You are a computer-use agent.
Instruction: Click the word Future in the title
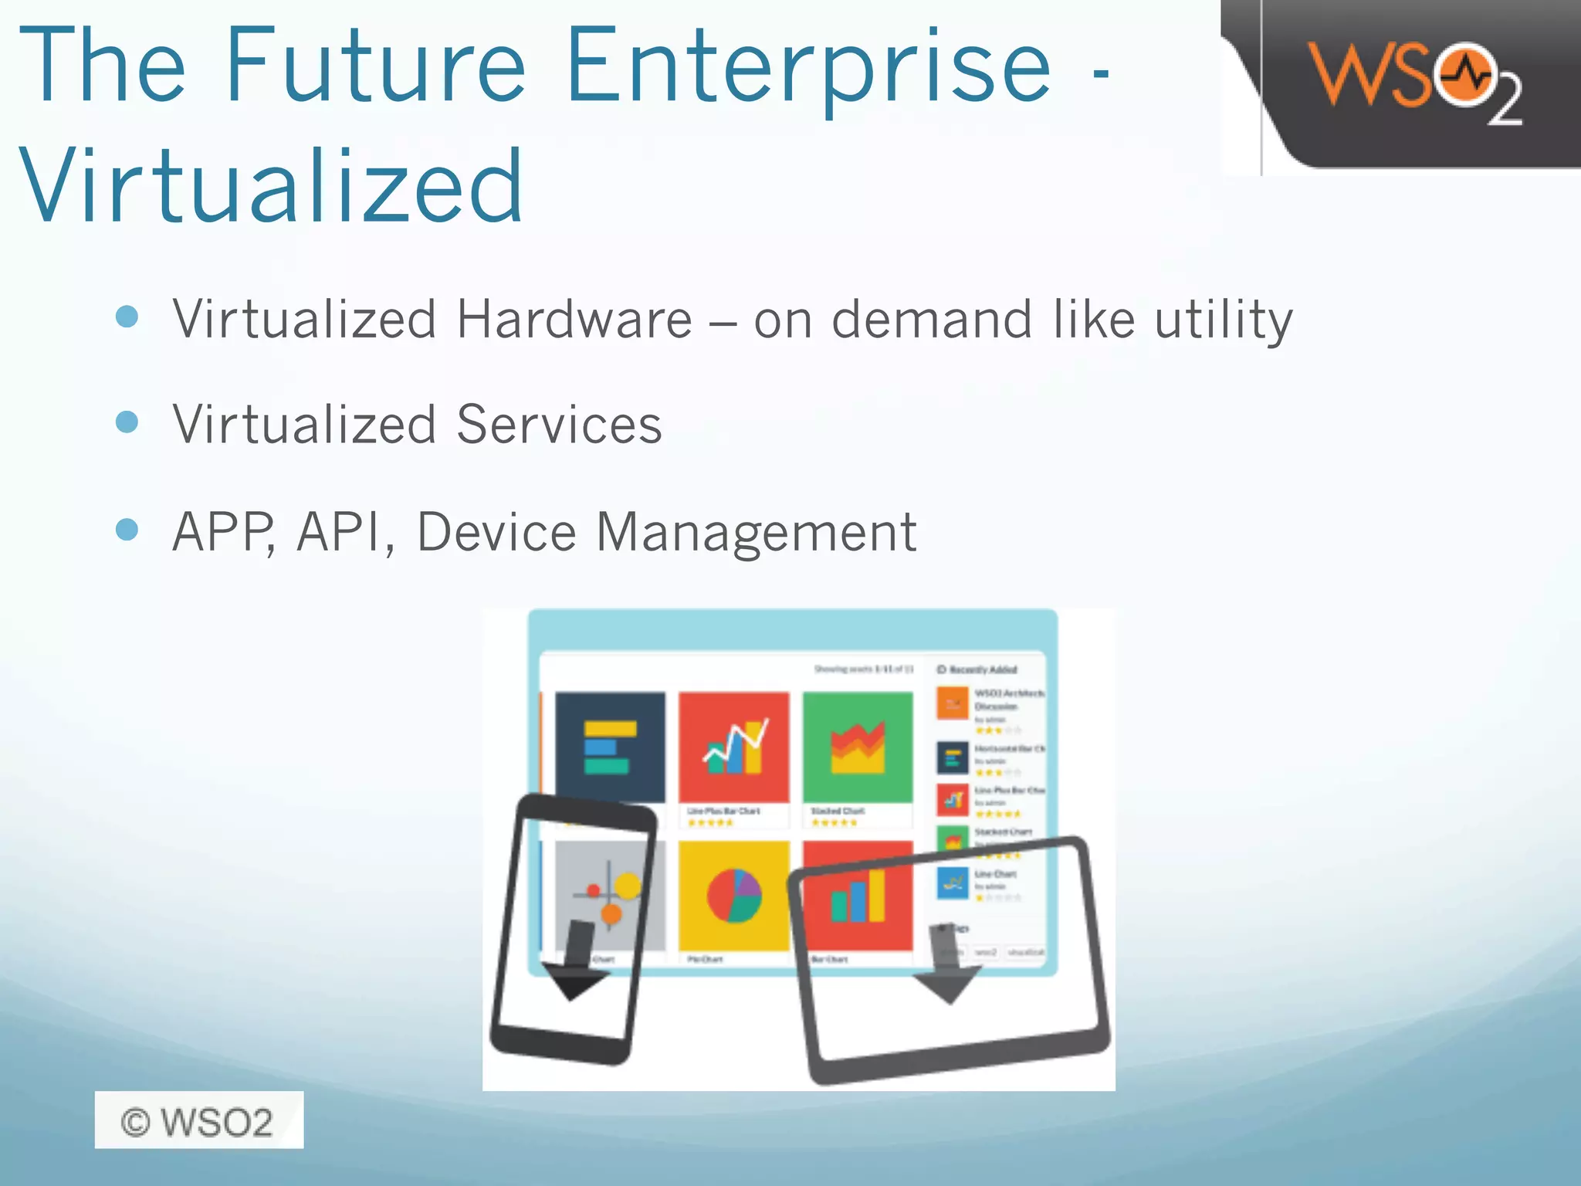tap(375, 66)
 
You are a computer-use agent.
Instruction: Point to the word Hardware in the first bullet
tap(574, 319)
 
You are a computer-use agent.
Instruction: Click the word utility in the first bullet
tap(1224, 320)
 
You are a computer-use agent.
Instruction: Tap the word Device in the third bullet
tap(496, 532)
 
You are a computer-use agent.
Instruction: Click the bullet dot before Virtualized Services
tap(127, 422)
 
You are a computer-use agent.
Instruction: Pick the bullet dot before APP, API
tap(127, 530)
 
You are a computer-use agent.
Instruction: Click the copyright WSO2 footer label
tap(198, 1120)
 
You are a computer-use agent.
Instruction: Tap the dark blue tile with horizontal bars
tap(610, 747)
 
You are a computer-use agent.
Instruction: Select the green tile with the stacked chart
tap(858, 747)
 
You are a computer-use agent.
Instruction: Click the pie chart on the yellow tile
tap(734, 896)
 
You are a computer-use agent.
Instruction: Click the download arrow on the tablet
tap(946, 965)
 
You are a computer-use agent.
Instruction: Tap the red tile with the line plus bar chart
tap(734, 747)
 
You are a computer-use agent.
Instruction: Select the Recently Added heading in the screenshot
tap(978, 669)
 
